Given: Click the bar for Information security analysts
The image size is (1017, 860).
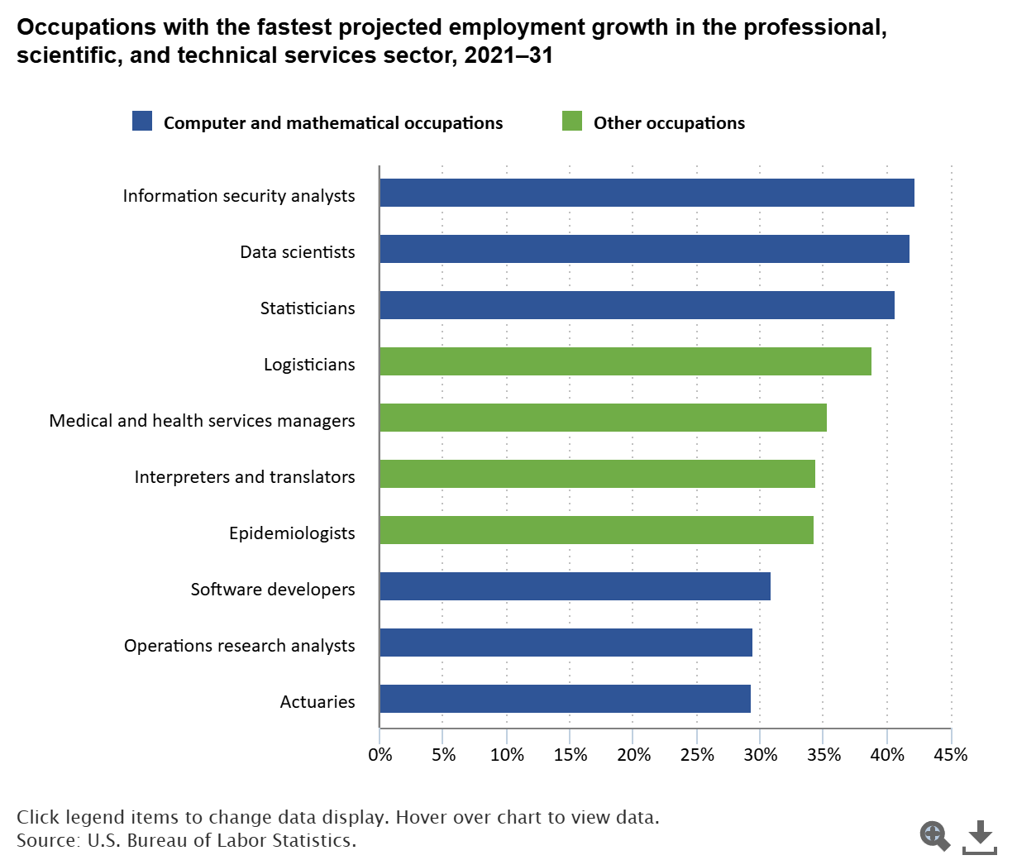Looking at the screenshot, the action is (647, 193).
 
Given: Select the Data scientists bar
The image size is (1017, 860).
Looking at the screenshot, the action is (645, 249).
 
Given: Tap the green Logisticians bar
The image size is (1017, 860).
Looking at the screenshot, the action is (626, 361).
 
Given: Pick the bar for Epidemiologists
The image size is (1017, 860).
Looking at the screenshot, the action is (597, 530).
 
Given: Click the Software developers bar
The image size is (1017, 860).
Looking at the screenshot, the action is (575, 586).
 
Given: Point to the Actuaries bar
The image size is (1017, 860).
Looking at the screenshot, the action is (566, 699).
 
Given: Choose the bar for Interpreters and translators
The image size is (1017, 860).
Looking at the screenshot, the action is (597, 475).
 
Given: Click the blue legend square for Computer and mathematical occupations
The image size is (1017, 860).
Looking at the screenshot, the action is (142, 121).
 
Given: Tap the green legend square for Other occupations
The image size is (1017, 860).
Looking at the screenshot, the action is (572, 121).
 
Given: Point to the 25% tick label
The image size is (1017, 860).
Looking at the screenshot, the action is (697, 755).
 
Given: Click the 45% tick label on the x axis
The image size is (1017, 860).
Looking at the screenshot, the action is (951, 755).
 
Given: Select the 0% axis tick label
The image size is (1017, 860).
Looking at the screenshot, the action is (380, 755).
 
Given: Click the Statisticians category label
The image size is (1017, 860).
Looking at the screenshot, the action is (308, 308).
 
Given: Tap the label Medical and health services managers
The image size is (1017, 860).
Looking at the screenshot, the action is (203, 421).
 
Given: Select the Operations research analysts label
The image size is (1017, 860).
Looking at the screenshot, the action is (240, 646).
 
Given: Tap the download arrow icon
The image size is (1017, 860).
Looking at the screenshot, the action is (980, 837).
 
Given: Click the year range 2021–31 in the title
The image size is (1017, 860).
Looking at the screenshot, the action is (508, 55).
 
